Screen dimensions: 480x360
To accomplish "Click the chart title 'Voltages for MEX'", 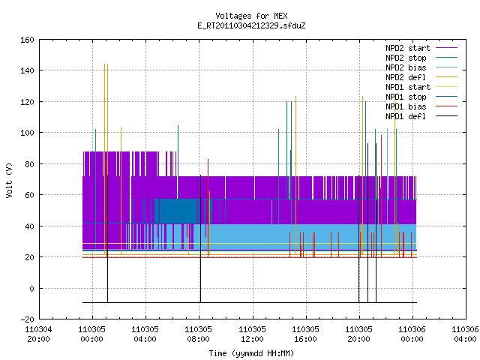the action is (251, 16).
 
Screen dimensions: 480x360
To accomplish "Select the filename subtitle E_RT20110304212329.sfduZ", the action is (251, 25).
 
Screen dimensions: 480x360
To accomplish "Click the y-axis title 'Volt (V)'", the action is (9, 180).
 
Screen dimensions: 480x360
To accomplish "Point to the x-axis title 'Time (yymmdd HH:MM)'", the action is (251, 353).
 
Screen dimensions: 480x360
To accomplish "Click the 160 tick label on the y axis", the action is (27, 40).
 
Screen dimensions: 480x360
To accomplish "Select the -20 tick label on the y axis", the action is (27, 319).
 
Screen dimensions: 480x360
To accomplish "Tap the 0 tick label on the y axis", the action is (31, 289).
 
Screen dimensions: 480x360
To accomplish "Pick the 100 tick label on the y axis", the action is (27, 133).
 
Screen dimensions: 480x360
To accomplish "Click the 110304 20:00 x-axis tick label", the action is (38, 334).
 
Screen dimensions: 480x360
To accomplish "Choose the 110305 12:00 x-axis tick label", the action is (252, 334).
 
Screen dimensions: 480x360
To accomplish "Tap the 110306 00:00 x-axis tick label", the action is (412, 334).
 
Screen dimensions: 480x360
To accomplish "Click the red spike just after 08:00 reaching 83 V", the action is (208, 208).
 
